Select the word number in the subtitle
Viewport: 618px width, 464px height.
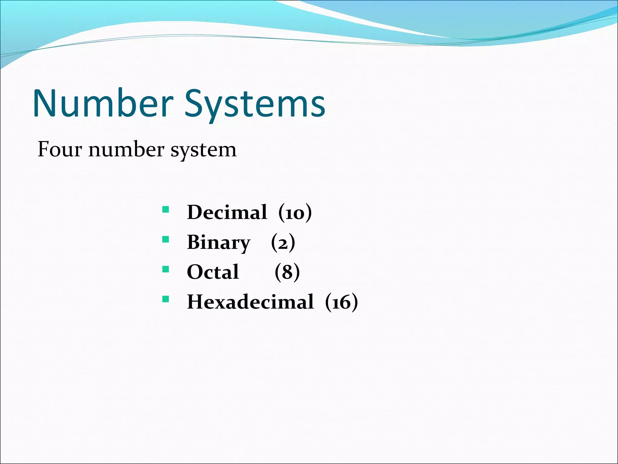click(127, 149)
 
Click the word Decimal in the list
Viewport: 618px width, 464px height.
click(227, 212)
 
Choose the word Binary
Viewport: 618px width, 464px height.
click(219, 243)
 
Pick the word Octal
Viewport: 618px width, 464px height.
click(213, 272)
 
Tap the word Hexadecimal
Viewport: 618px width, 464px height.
click(250, 302)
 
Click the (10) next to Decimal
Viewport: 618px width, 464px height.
click(295, 212)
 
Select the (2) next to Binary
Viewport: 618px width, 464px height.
click(283, 243)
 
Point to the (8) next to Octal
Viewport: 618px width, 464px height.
click(287, 272)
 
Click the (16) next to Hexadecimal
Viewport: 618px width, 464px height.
click(341, 302)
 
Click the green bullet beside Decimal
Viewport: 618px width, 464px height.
click(165, 209)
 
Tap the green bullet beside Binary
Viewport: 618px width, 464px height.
click(165, 240)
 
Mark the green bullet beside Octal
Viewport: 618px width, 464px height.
click(165, 269)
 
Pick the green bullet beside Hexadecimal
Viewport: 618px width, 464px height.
click(165, 299)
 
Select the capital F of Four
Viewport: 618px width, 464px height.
click(43, 149)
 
